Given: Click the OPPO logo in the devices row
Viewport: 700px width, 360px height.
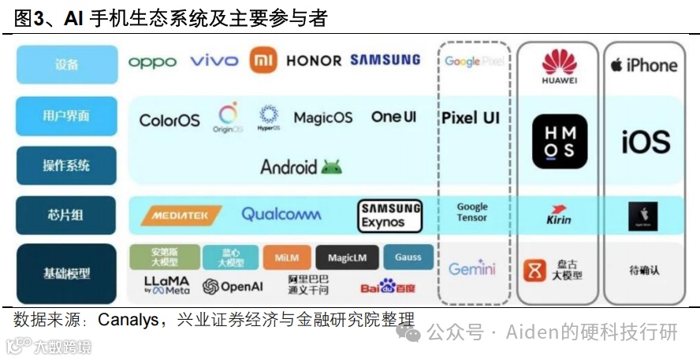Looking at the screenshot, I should [x=152, y=61].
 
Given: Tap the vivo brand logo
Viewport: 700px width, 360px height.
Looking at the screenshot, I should [x=214, y=61].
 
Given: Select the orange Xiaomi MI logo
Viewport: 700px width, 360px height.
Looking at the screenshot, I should [x=263, y=61].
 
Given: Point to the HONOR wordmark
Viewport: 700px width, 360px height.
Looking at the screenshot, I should [x=314, y=61].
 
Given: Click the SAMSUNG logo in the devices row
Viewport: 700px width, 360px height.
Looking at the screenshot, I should [x=385, y=60].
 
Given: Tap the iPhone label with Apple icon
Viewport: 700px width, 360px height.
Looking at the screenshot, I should [x=643, y=65].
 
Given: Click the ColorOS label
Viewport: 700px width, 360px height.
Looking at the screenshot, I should [x=169, y=121].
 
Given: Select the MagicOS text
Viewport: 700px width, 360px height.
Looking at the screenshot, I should [x=323, y=118].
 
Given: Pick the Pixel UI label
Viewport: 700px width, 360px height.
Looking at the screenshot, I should [x=471, y=118].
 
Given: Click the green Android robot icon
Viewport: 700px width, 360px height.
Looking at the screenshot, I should [x=332, y=166].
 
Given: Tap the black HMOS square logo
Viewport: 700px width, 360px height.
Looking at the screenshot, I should [x=560, y=142].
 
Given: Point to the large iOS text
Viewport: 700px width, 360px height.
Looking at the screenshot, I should [x=645, y=143].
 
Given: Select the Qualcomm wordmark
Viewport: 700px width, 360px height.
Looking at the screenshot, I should [x=281, y=214].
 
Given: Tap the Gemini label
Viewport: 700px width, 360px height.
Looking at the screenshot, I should [x=472, y=269].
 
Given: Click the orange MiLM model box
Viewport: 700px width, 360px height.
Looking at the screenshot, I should [x=287, y=258].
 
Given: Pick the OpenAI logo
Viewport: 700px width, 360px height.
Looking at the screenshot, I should [x=233, y=287].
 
